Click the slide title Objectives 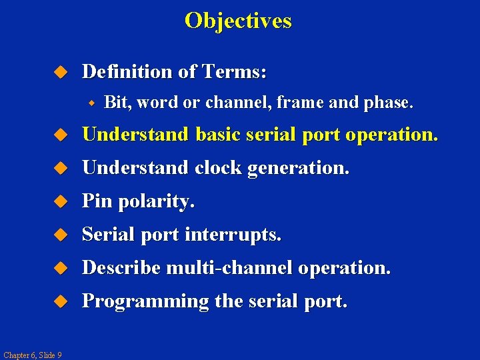238,21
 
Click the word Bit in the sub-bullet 116,103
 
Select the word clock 219,168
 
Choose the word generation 298,169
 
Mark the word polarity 155,202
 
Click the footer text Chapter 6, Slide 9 32,355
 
